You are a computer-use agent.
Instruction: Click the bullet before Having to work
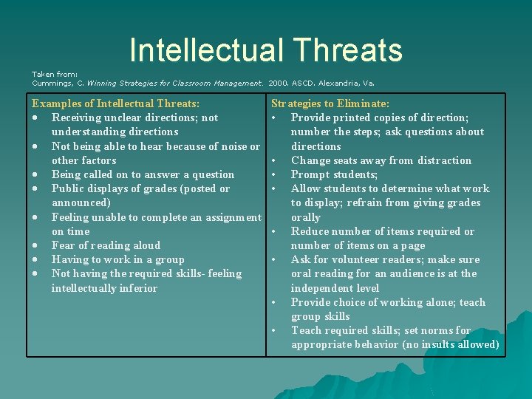pos(35,260)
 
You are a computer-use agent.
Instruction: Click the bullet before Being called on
pos(35,175)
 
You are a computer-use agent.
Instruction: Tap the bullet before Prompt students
pos(273,175)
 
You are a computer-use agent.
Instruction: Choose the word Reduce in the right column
pos(311,231)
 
